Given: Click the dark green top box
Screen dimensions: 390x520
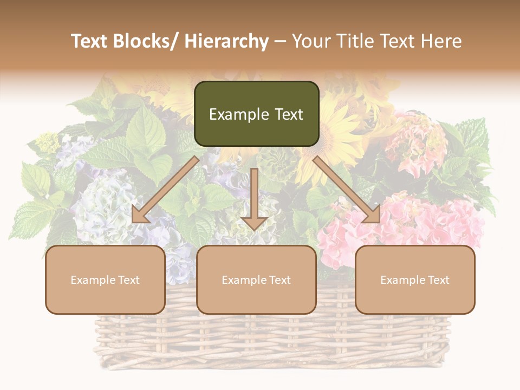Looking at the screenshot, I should pyautogui.click(x=256, y=114).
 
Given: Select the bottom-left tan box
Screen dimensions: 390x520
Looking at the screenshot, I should pyautogui.click(x=105, y=279).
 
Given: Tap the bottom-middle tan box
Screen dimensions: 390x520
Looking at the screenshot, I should pyautogui.click(x=256, y=279).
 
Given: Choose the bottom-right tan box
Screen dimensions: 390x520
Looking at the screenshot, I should pyautogui.click(x=415, y=279).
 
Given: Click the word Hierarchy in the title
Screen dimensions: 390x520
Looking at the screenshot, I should pyautogui.click(x=226, y=41).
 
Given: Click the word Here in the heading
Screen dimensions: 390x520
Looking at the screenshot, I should pyautogui.click(x=441, y=41).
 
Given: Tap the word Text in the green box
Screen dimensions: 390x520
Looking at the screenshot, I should pyautogui.click(x=289, y=114).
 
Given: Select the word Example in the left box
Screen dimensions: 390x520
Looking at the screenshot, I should pyautogui.click(x=93, y=280).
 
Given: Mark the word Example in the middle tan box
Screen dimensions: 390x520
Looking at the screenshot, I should pyautogui.click(x=244, y=280).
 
